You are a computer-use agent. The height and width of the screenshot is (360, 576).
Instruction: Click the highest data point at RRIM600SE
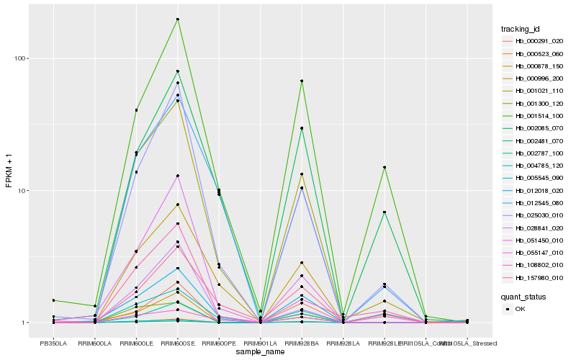click(x=177, y=19)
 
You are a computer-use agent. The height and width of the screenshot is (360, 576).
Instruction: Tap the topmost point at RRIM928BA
click(x=302, y=81)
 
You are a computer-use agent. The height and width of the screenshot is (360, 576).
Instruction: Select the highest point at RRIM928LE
click(x=384, y=167)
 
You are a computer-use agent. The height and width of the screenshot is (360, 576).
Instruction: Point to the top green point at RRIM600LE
click(x=136, y=110)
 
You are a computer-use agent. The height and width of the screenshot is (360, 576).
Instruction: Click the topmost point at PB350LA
click(x=53, y=300)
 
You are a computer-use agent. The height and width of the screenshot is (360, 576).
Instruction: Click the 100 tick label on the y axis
click(x=21, y=58)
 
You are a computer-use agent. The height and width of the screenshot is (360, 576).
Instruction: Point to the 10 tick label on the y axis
click(x=23, y=191)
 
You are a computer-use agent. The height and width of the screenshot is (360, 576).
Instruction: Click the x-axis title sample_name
click(x=260, y=351)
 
